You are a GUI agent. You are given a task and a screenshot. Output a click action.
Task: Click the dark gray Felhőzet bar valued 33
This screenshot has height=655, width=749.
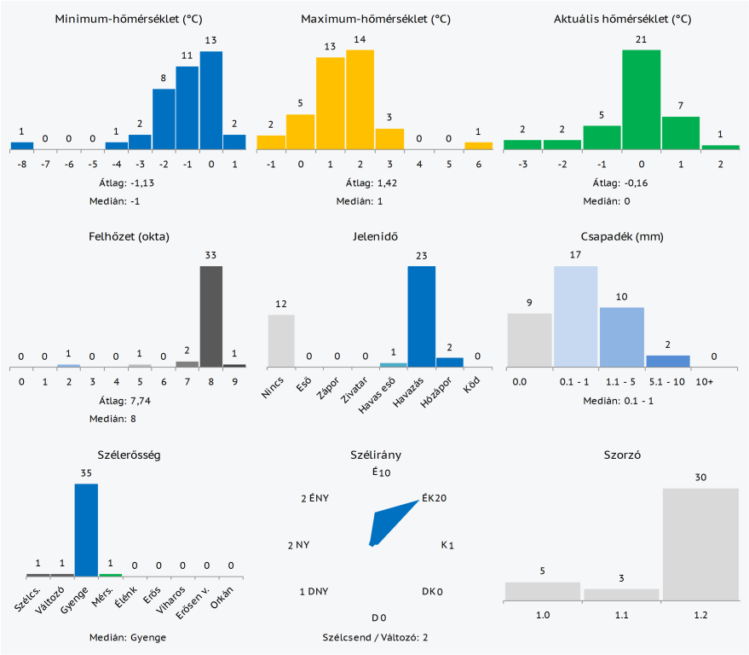pyautogui.click(x=211, y=316)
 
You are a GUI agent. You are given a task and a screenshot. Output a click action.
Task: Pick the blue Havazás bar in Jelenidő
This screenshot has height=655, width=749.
pyautogui.click(x=421, y=316)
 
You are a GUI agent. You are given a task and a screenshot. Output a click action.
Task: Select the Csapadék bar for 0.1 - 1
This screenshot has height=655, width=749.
pyautogui.click(x=576, y=316)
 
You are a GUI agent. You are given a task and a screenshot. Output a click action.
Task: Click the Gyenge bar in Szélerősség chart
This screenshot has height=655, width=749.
pyautogui.click(x=86, y=530)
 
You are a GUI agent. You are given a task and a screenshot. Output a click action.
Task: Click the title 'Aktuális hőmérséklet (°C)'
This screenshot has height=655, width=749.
pyautogui.click(x=623, y=19)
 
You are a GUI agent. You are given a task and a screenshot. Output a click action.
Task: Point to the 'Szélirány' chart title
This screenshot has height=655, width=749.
pyautogui.click(x=375, y=455)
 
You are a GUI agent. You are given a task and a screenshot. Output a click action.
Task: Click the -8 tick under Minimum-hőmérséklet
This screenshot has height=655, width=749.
pyautogui.click(x=22, y=165)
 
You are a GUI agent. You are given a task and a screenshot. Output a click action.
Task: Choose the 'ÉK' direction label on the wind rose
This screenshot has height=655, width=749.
pyautogui.click(x=428, y=499)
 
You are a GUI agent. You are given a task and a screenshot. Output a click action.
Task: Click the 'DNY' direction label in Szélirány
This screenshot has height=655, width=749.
pyautogui.click(x=317, y=591)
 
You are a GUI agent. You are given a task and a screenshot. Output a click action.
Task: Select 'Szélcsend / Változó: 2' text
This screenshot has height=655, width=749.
pyautogui.click(x=375, y=637)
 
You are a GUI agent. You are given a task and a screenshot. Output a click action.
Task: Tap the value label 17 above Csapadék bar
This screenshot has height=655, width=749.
pyautogui.click(x=576, y=255)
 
